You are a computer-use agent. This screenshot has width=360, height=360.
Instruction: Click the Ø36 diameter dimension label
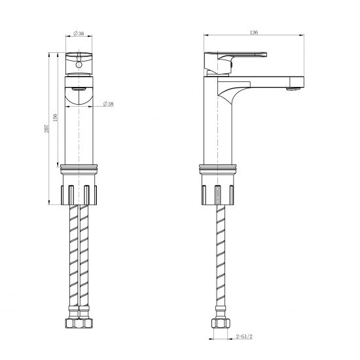coord(79,33)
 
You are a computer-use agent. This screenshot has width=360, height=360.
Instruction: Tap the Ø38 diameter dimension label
coord(108,104)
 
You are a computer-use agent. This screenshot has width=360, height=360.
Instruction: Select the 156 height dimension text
coord(55,117)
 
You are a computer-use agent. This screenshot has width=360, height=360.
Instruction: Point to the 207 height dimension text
coord(47,128)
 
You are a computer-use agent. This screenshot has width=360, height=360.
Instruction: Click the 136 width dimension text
coord(254,32)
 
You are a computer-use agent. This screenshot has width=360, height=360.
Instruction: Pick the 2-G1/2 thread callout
coord(244,336)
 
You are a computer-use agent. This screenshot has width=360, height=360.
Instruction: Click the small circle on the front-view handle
coord(79,65)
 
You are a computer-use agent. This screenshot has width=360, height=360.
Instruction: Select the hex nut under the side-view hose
coord(221,323)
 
